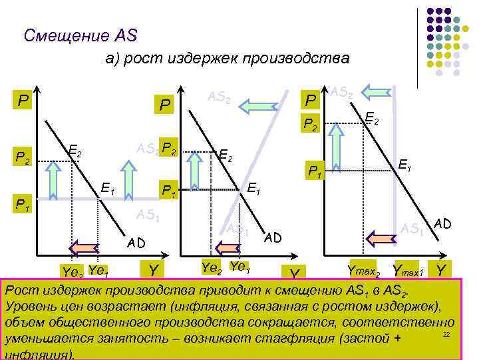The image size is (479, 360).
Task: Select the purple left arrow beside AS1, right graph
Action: (x=381, y=237)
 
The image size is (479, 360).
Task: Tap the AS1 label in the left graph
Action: (x=147, y=215)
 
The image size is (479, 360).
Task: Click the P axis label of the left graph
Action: (x=23, y=101)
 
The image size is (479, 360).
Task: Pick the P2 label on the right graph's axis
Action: (x=310, y=123)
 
